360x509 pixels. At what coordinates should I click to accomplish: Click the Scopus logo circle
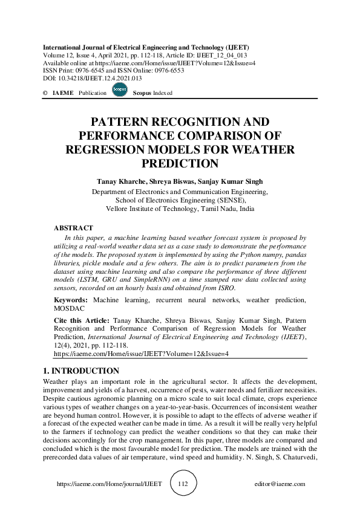pos(119,91)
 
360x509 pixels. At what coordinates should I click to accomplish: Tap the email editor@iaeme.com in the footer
pos(280,484)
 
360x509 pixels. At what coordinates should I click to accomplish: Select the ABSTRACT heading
pos(73,229)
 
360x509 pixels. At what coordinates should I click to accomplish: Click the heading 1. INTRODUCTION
pos(82,371)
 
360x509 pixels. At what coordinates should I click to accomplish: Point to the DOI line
pos(92,79)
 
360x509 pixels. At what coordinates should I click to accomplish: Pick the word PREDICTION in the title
pos(180,163)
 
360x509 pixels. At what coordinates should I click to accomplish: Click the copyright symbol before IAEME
pos(45,93)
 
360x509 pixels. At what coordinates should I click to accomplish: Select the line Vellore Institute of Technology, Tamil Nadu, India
pos(180,209)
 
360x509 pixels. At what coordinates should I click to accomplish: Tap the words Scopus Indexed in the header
pos(152,93)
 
